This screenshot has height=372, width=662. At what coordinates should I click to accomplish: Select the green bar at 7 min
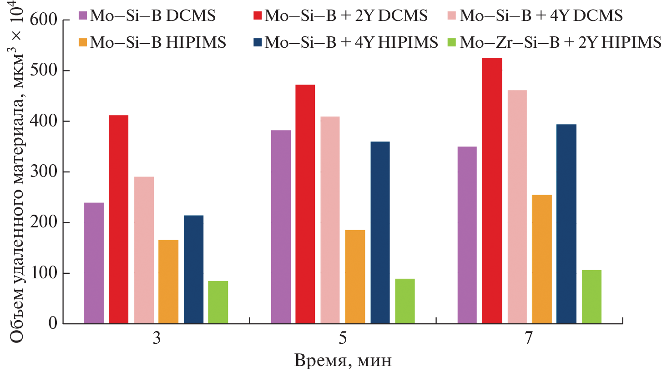click(591, 297)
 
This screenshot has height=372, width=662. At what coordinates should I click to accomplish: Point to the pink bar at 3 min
click(144, 250)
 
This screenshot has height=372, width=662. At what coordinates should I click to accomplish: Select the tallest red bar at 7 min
click(492, 191)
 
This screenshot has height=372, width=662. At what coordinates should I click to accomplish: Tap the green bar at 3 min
click(218, 302)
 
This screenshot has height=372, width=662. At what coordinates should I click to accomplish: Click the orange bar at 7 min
click(542, 259)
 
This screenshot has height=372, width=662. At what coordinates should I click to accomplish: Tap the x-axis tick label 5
click(342, 340)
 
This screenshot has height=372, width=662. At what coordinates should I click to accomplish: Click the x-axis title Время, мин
click(343, 361)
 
